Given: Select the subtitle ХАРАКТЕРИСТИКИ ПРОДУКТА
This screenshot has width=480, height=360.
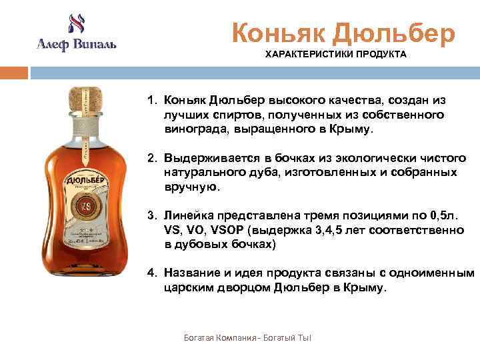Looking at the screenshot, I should click(x=335, y=54).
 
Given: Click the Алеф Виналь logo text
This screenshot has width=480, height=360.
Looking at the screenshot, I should click(x=76, y=45).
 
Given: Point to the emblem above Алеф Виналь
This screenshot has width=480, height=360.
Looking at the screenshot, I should click(x=75, y=24).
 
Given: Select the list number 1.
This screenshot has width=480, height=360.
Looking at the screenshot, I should click(x=151, y=100).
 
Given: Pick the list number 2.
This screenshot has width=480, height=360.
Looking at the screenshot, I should click(x=151, y=158).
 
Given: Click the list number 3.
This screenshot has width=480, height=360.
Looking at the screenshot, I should click(x=151, y=216).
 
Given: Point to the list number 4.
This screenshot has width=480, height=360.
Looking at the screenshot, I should click(x=151, y=273).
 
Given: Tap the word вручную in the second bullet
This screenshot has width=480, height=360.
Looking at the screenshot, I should click(x=191, y=187).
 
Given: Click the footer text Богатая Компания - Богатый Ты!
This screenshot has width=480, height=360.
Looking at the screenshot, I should click(x=247, y=339).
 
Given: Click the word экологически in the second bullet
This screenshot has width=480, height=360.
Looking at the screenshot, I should click(x=354, y=158).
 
